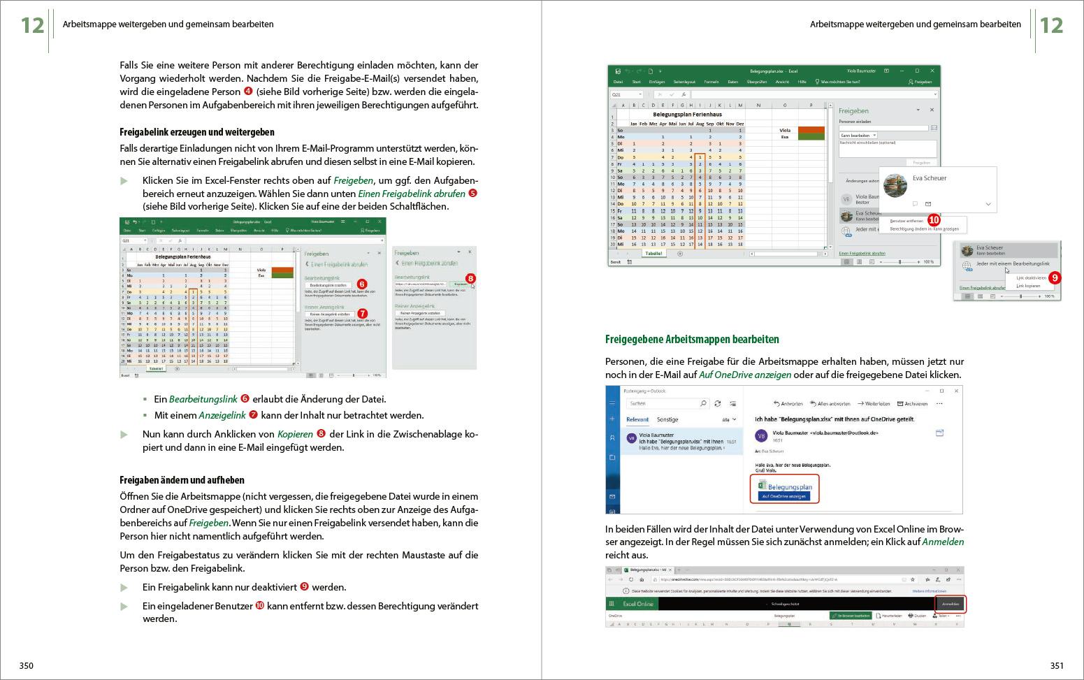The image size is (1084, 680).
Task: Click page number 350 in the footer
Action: click(x=26, y=665)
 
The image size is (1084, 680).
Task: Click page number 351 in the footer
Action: click(x=1057, y=665)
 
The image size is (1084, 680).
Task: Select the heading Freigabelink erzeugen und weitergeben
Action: click(x=197, y=132)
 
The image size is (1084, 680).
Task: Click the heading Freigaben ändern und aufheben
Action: click(x=182, y=479)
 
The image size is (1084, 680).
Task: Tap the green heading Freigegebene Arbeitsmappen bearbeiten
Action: click(x=691, y=340)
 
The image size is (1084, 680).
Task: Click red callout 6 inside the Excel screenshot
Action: click(x=361, y=284)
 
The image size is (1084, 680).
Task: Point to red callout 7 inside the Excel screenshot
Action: click(x=362, y=314)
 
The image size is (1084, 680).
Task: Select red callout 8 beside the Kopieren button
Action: click(x=470, y=279)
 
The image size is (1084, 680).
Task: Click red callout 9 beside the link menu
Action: click(x=1055, y=277)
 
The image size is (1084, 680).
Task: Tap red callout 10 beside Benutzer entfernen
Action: click(x=934, y=220)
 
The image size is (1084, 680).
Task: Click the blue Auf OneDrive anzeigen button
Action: click(x=783, y=496)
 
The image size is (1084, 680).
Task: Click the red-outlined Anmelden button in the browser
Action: click(x=950, y=604)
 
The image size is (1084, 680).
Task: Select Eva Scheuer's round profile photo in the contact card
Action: click(x=895, y=185)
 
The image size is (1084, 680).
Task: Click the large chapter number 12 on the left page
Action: click(x=32, y=25)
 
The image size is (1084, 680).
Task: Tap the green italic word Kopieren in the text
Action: click(x=295, y=434)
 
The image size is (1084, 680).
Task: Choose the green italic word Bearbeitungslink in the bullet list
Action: click(x=203, y=399)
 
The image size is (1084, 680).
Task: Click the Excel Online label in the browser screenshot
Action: click(x=637, y=604)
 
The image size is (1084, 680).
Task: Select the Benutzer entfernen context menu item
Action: click(x=906, y=221)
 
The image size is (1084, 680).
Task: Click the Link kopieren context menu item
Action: click(x=1028, y=286)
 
